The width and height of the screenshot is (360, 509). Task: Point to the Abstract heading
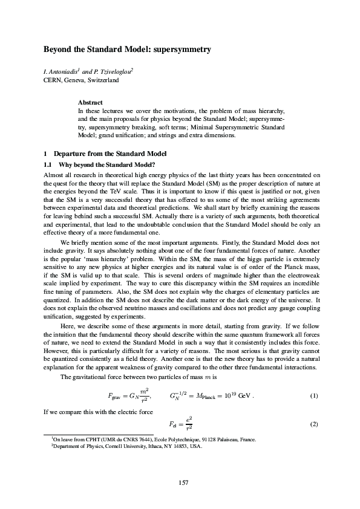[x=90, y=103]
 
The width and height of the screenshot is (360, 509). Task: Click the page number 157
[x=180, y=481]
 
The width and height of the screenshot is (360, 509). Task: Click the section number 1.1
[x=47, y=165]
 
